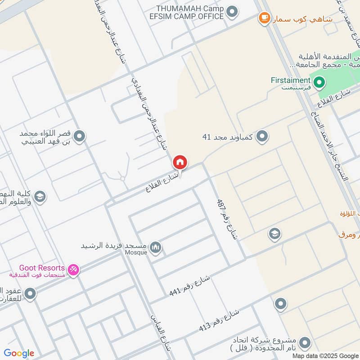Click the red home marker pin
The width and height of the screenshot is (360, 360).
[180, 162]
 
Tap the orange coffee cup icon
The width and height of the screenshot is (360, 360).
[264, 18]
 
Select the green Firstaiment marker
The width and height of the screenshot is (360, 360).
[319, 82]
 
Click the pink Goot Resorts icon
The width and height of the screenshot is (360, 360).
[73, 270]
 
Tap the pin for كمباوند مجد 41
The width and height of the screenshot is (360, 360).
[263, 136]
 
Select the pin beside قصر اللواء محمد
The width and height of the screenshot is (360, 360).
[80, 136]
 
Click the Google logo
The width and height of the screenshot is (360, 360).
[19, 353]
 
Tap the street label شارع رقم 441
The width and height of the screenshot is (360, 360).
[190, 285]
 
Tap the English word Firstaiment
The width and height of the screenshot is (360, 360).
[291, 80]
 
